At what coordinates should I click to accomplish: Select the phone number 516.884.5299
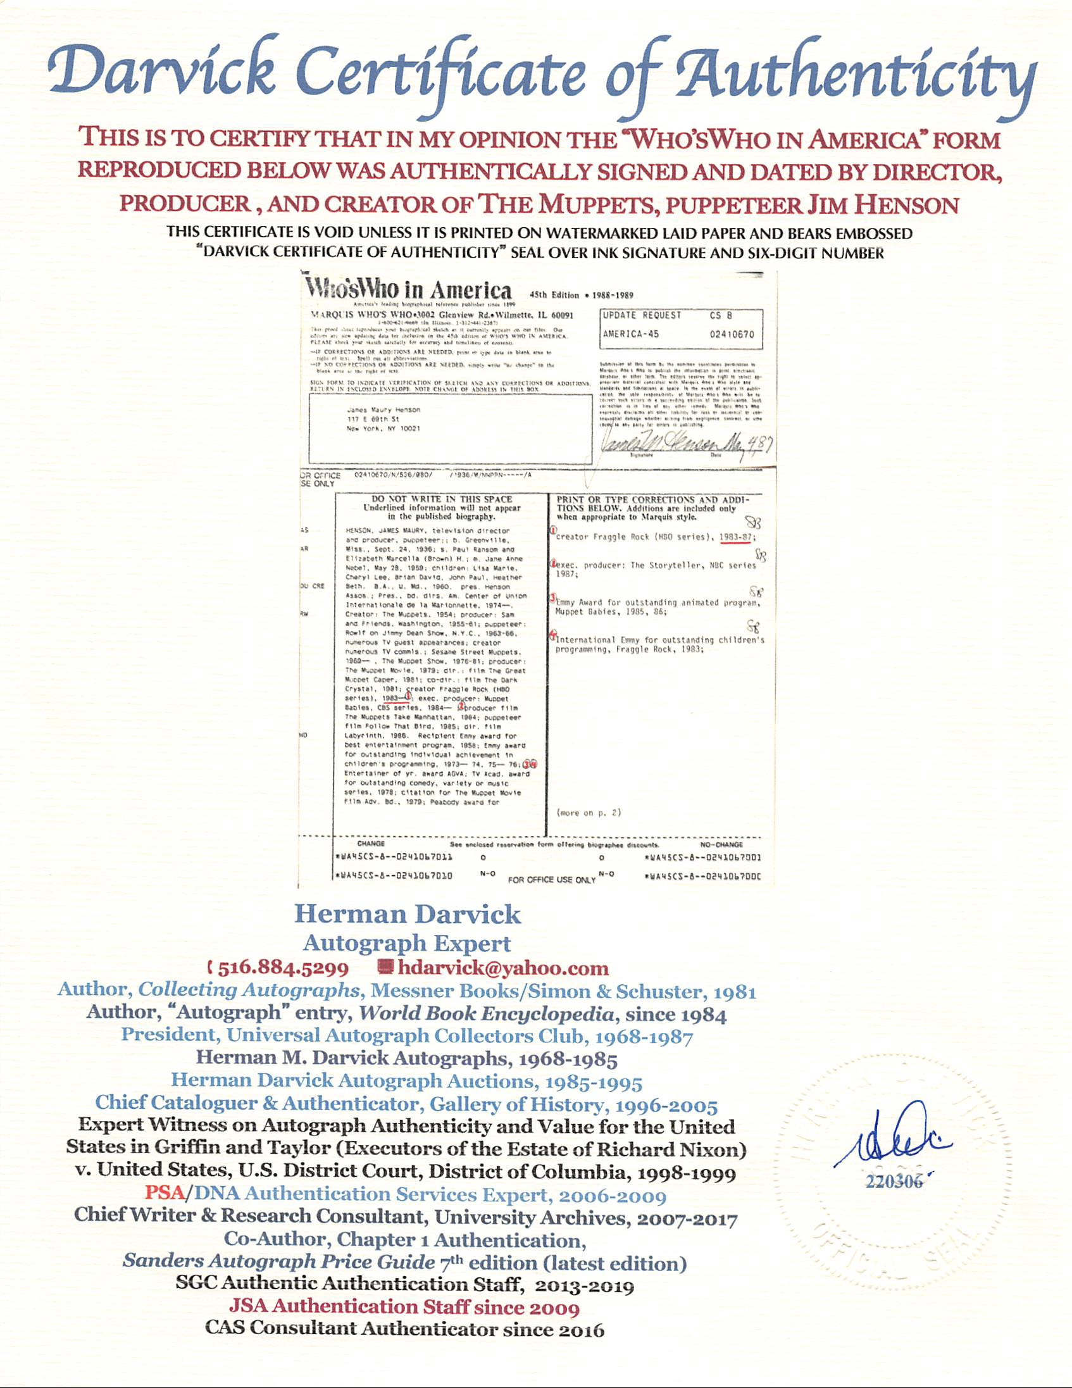tap(283, 968)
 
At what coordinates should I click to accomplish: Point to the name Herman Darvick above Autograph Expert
tap(408, 915)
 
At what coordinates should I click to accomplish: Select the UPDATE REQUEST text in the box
tap(642, 315)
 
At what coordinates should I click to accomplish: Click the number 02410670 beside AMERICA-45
tap(732, 334)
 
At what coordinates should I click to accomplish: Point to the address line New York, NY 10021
tap(383, 428)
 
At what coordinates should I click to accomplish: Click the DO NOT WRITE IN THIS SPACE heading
tap(442, 499)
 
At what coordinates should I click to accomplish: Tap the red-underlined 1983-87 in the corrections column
tap(736, 537)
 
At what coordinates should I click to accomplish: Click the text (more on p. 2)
tap(589, 813)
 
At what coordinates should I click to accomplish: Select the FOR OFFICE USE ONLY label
tap(552, 880)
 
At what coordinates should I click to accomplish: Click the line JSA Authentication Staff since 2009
tap(404, 1306)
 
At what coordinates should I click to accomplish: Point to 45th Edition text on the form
tap(554, 295)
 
